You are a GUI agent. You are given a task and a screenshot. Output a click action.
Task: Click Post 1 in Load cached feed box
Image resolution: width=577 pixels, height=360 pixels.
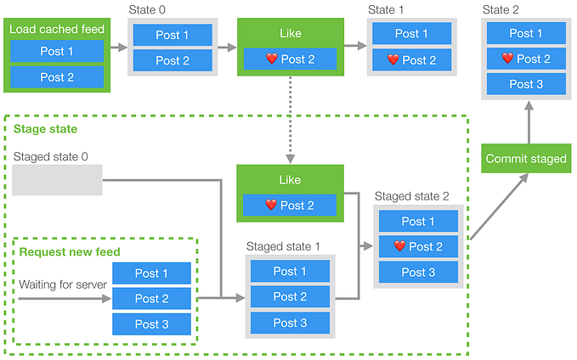[x=56, y=50]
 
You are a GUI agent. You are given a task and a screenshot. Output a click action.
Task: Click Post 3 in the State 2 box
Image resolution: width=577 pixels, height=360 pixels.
[x=526, y=84]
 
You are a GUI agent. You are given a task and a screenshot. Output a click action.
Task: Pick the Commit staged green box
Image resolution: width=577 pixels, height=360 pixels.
[x=526, y=159]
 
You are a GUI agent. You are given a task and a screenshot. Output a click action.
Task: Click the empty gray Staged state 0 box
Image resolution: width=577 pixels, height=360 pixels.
[x=57, y=180]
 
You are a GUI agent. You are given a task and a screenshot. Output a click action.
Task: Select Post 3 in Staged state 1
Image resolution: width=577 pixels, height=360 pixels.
[x=290, y=323]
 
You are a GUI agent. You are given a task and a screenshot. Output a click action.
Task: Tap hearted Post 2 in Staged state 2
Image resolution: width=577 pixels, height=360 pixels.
[x=419, y=246]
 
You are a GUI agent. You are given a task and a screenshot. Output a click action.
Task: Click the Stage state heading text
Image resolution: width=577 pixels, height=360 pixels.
[x=45, y=129]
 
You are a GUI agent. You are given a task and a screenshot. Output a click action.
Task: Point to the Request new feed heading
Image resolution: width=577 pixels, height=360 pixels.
[x=70, y=251]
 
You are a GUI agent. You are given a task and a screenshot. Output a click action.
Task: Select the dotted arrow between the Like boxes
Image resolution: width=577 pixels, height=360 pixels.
[x=291, y=120]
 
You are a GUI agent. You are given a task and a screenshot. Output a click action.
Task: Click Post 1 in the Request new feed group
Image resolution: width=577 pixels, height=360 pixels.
[x=152, y=273]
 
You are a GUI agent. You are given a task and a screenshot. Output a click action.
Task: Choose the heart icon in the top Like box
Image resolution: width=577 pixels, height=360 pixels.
[x=272, y=59]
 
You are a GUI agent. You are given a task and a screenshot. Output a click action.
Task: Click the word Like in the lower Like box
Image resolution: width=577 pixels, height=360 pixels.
[x=291, y=180]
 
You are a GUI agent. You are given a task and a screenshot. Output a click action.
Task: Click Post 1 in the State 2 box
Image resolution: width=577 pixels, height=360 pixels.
[x=526, y=33]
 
